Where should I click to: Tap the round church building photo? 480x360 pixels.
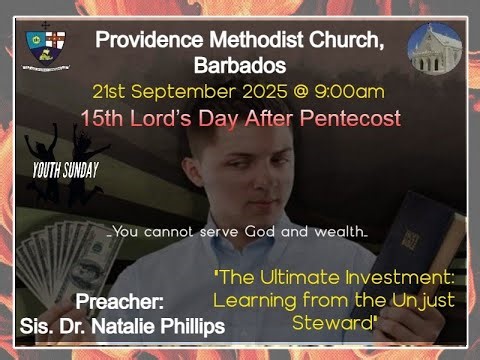[x=436, y=49]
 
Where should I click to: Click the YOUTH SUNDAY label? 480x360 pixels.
[x=65, y=170]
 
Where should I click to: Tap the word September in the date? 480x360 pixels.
[x=174, y=91]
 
